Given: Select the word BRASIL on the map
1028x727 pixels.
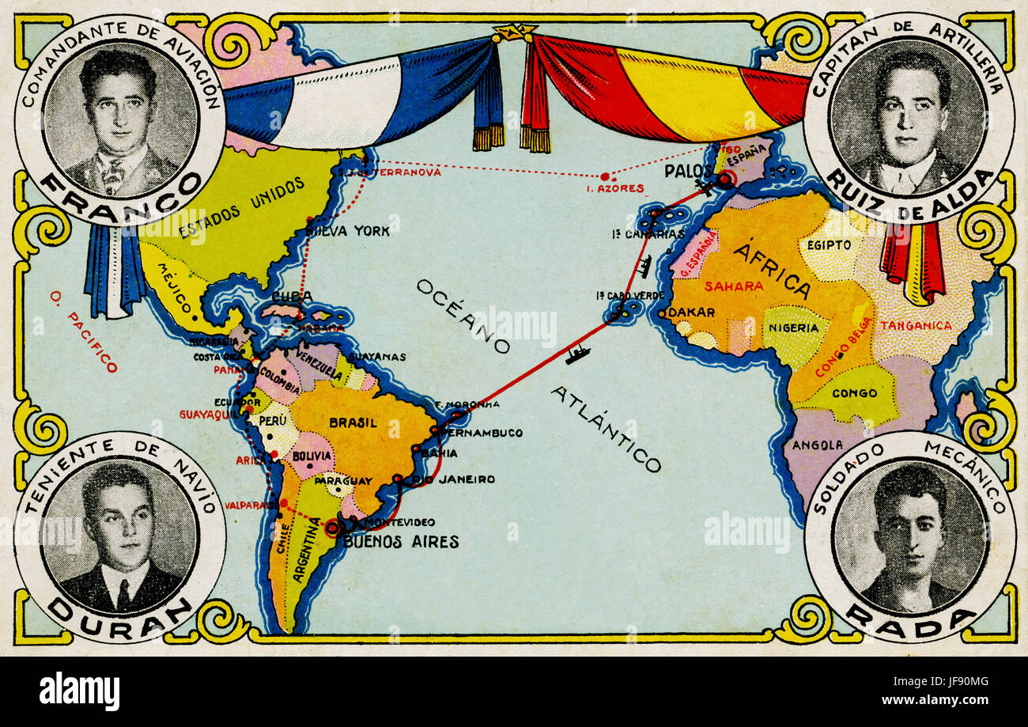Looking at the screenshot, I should pyautogui.click(x=353, y=423).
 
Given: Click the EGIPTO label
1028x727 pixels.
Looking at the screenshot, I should pyautogui.click(x=830, y=244).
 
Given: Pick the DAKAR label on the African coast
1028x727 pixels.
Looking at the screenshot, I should pyautogui.click(x=693, y=312).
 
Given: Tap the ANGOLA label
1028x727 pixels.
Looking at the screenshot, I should pyautogui.click(x=817, y=445).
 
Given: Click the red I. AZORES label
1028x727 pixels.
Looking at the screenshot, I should pyautogui.click(x=615, y=188).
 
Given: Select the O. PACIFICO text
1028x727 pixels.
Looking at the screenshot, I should pyautogui.click(x=83, y=331).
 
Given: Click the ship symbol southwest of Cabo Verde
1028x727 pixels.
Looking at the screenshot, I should pyautogui.click(x=576, y=355).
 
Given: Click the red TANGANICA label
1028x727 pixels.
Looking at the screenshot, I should pyautogui.click(x=917, y=325).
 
